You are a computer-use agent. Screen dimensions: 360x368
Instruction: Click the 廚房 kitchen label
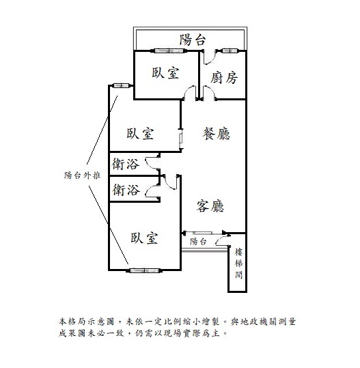223,78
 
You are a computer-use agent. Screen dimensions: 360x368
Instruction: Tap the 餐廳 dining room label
216,134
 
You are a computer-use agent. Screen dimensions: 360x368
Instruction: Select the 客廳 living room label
210,206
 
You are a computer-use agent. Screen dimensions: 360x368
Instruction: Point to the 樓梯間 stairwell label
238,263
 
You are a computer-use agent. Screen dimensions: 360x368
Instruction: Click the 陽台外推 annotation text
83,175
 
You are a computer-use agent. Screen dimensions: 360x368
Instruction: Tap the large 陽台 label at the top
193,40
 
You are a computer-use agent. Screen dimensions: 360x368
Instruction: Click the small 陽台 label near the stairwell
198,241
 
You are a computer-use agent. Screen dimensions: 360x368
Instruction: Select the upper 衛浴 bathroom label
126,164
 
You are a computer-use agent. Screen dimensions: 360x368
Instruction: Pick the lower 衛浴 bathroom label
126,190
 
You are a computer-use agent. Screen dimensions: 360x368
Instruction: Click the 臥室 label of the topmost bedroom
165,72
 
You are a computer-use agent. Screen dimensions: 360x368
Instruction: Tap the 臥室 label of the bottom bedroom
144,238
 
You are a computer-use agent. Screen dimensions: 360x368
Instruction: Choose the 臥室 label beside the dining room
140,133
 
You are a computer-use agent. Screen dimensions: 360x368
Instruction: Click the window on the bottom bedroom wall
145,270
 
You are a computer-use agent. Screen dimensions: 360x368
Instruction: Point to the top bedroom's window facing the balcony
169,51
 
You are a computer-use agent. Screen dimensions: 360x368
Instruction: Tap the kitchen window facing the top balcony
230,51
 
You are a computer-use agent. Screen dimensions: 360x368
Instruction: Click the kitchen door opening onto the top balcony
210,57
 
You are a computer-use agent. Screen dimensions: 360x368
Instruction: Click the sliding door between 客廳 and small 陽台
204,233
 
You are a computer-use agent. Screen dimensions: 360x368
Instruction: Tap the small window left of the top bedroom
122,85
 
